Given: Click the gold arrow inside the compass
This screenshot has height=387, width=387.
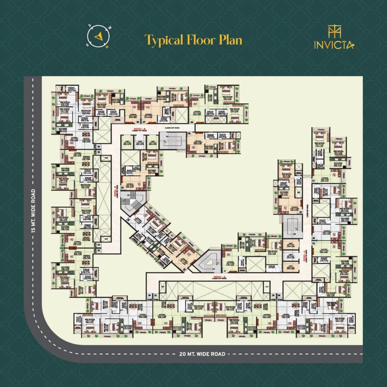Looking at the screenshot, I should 98,37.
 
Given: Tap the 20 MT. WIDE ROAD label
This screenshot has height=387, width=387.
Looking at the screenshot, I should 202,354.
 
